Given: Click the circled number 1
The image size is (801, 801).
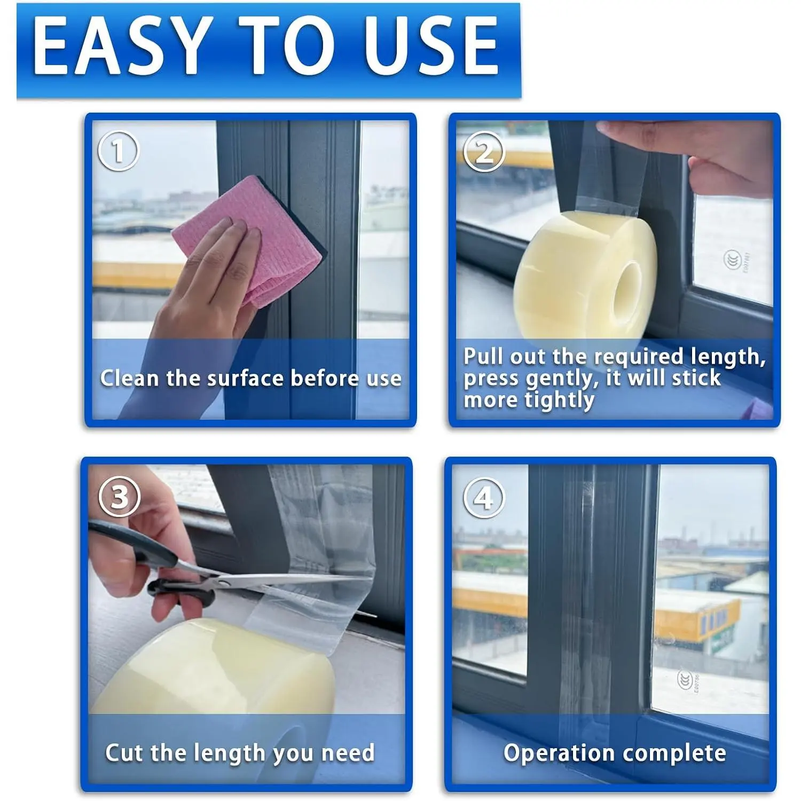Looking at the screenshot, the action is point(118,151).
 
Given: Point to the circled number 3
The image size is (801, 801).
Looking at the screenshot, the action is point(119,497).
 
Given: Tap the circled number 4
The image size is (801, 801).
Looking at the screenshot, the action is point(484,498).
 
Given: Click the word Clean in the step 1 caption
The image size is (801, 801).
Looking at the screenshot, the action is point(130,378).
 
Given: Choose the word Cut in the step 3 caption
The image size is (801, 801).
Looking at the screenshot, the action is point(124,752).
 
